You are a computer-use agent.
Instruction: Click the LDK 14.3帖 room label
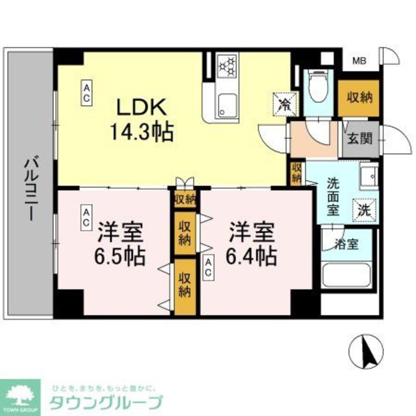pyautogui.click(x=141, y=120)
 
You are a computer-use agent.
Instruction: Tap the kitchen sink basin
pyautogui.click(x=227, y=106)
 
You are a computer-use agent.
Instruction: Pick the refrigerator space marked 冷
pyautogui.click(x=285, y=104)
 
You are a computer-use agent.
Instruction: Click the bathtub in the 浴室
pyautogui.click(x=346, y=275)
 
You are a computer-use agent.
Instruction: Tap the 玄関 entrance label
pyautogui.click(x=360, y=139)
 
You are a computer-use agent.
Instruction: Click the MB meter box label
pyautogui.click(x=359, y=62)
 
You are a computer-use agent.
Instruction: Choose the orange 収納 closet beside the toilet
pyautogui.click(x=359, y=98)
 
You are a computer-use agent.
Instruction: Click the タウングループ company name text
pyautogui.click(x=106, y=403)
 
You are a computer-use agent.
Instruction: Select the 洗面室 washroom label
pyautogui.click(x=333, y=196)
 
